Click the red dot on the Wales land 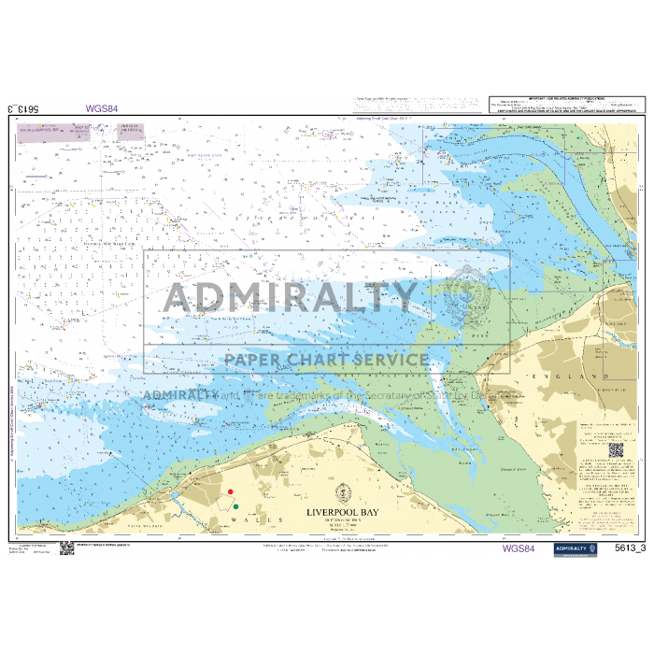tap(231, 491)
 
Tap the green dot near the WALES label tap(235, 506)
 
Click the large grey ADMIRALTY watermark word tap(291, 297)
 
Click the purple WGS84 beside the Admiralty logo tap(518, 548)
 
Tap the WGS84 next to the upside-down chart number tap(102, 108)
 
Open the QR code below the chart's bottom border tap(67, 547)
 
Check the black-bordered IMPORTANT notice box tap(567, 104)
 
